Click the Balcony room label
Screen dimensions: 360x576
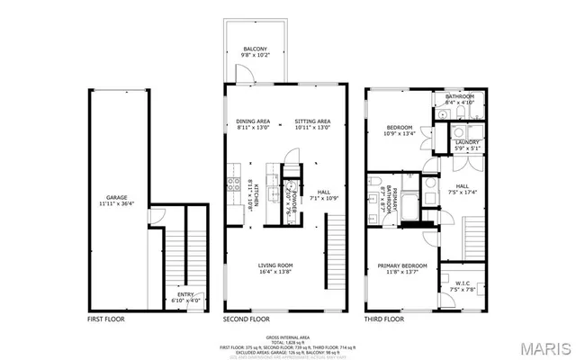coord(252,51)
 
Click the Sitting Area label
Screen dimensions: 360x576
coord(312,124)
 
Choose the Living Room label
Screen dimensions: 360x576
coord(277,267)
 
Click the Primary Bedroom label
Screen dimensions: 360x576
coord(401,267)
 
